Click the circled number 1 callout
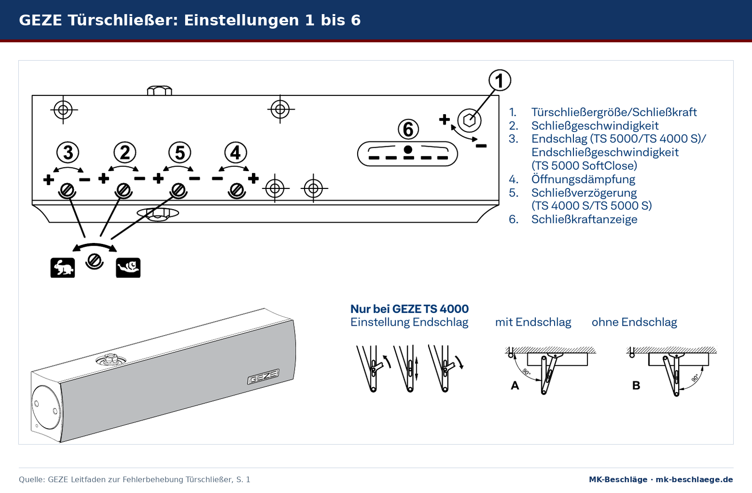tap(500, 80)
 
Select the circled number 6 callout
tap(408, 129)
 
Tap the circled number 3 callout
tap(68, 152)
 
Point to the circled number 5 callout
tap(180, 152)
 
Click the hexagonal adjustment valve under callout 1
tap(470, 120)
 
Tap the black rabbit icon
tap(63, 268)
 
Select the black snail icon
tap(128, 268)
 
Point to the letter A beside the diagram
tap(515, 385)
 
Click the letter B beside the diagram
tap(636, 385)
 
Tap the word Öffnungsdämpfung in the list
tap(583, 179)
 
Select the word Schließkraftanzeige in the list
tap(584, 219)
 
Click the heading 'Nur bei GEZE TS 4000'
tap(409, 309)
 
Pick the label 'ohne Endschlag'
tap(634, 322)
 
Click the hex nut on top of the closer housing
tap(159, 91)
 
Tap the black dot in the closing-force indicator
tap(408, 149)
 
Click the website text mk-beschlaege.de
tap(694, 479)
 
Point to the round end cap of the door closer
tap(46, 407)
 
